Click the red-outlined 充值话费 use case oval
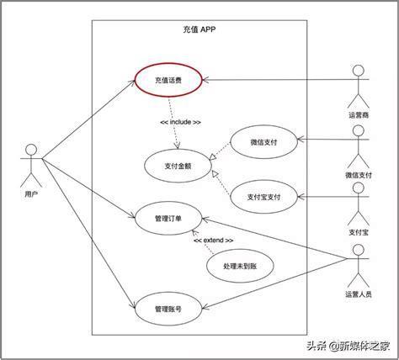pos(136,80)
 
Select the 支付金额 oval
pos(145,166)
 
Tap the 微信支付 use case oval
pos(231,142)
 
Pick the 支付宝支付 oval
pos(231,197)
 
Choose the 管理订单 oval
pos(135,219)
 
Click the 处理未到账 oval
pos(207,266)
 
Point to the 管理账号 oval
pos(135,309)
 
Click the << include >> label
pos(181,122)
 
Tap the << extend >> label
pos(214,241)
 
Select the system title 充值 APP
pos(199,29)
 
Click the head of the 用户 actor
pos(31,150)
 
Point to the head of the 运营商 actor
pos(359,71)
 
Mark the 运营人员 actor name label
pos(359,294)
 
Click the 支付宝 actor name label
pos(359,232)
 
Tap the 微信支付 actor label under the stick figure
pos(359,175)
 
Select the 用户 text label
pos(31,193)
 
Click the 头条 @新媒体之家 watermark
pos(348,346)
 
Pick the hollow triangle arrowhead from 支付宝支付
pos(215,174)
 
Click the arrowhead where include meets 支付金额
pos(177,146)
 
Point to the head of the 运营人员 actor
pos(359,250)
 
